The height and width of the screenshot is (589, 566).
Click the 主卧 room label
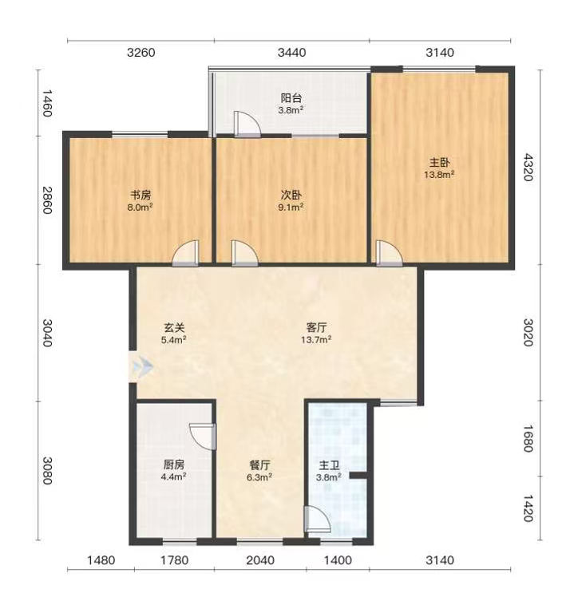coord(440,163)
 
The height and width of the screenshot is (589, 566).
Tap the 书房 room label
coord(141,196)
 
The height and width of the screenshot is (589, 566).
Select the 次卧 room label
coord(291,196)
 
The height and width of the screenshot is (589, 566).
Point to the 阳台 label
coord(291,98)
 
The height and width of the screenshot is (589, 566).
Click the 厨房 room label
coord(174,464)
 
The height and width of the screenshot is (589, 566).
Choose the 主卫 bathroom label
coord(329,466)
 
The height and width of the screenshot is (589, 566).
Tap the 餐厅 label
coord(259,465)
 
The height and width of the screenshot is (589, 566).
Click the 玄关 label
coord(174,328)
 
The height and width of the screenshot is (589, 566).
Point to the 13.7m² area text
coord(316,340)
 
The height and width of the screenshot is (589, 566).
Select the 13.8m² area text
coord(440,175)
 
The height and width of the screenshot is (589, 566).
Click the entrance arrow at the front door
coord(144,366)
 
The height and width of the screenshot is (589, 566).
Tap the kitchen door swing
coord(203,437)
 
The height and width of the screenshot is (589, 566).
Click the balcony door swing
coord(247,124)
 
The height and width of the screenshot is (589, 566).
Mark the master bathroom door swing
coord(317,519)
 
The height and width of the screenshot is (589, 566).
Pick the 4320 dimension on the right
coord(528,168)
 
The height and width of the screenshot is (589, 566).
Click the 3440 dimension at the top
coord(291,53)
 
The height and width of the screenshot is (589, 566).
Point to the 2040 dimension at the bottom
coord(260,560)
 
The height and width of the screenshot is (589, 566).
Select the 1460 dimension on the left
coord(46,103)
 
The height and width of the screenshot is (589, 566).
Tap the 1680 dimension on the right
coord(528,438)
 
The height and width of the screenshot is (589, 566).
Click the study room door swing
coord(185,253)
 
